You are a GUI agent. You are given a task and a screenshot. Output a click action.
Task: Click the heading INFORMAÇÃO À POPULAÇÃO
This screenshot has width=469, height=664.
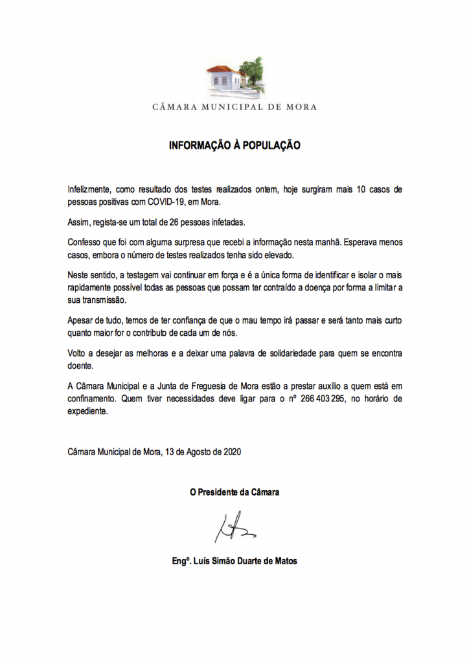pyautogui.click(x=234, y=146)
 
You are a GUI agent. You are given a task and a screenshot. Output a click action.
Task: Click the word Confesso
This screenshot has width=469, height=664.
pyautogui.click(x=84, y=242)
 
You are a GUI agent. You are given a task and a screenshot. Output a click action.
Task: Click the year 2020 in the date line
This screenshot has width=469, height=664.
pyautogui.click(x=231, y=451)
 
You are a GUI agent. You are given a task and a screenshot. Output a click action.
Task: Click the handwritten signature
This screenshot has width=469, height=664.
pyautogui.click(x=234, y=527)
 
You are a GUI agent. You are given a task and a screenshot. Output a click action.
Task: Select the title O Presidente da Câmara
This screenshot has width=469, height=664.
pyautogui.click(x=234, y=493)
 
